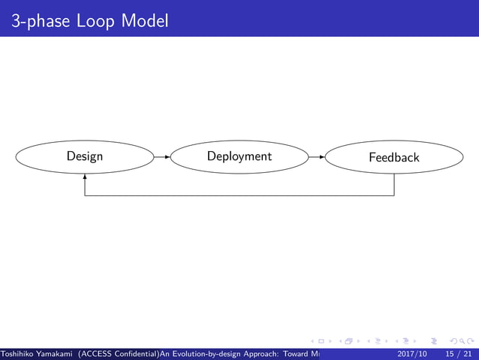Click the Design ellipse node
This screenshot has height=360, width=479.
coord(85,157)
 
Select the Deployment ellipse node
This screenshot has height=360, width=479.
coord(239,157)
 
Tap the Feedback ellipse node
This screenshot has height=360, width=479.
coord(394,158)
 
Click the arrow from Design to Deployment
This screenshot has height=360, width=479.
coord(161,157)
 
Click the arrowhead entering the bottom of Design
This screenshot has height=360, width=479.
coord(85,177)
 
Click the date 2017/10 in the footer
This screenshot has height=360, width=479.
coord(411,353)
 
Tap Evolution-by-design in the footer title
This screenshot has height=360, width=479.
coord(202,353)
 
